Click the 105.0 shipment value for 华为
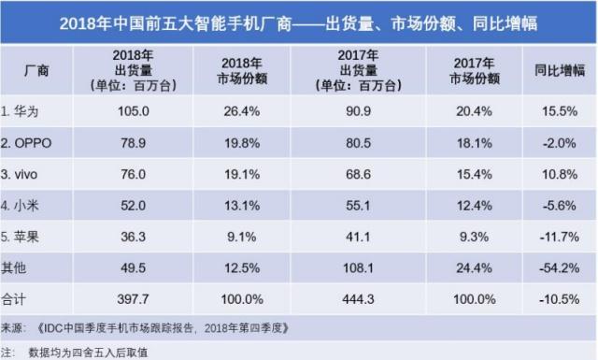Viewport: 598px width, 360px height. click(x=126, y=110)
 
